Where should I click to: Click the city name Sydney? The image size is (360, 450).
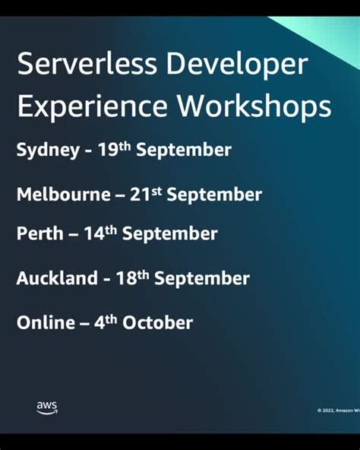point(47,151)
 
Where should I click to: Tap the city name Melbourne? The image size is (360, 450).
point(63,195)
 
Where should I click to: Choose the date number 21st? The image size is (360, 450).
point(146,194)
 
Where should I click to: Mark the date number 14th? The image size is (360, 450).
point(100,233)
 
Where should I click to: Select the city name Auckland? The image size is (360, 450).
point(57,278)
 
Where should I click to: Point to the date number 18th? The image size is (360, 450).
point(132,277)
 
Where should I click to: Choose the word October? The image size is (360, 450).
point(158,322)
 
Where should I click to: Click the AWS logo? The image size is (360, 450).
point(46,408)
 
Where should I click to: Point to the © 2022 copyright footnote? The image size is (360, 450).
point(337,410)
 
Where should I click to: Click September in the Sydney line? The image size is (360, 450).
point(193,151)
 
